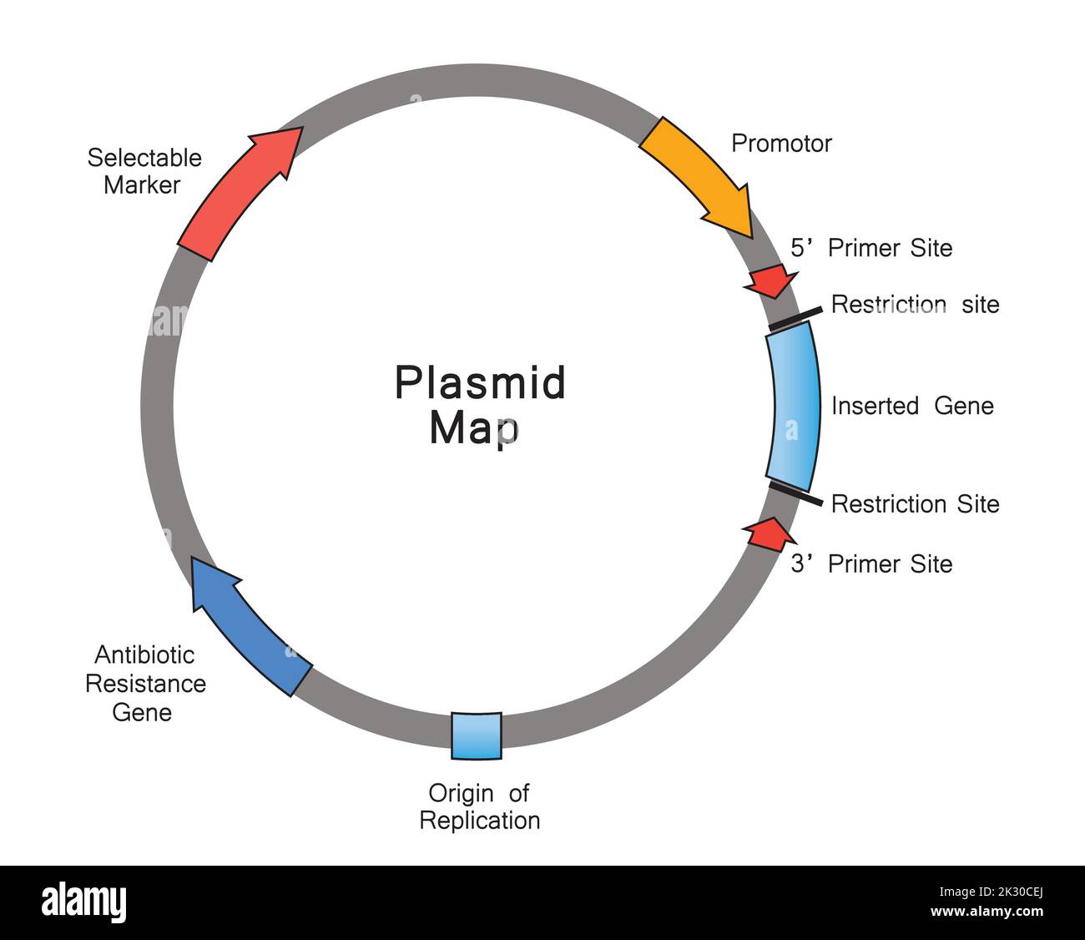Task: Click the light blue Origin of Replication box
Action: pos(477,735)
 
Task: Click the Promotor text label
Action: pos(781,144)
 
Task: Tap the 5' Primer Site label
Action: pos(871,248)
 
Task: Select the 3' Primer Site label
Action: pos(871,564)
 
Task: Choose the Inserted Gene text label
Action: pos(912,407)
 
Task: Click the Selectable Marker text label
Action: pos(144,171)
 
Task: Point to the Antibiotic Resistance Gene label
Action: pos(145,684)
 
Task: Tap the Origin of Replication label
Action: pos(479,806)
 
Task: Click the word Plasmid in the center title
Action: pos(480,383)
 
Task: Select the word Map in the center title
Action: pos(473,428)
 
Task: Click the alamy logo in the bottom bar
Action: pos(84,902)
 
